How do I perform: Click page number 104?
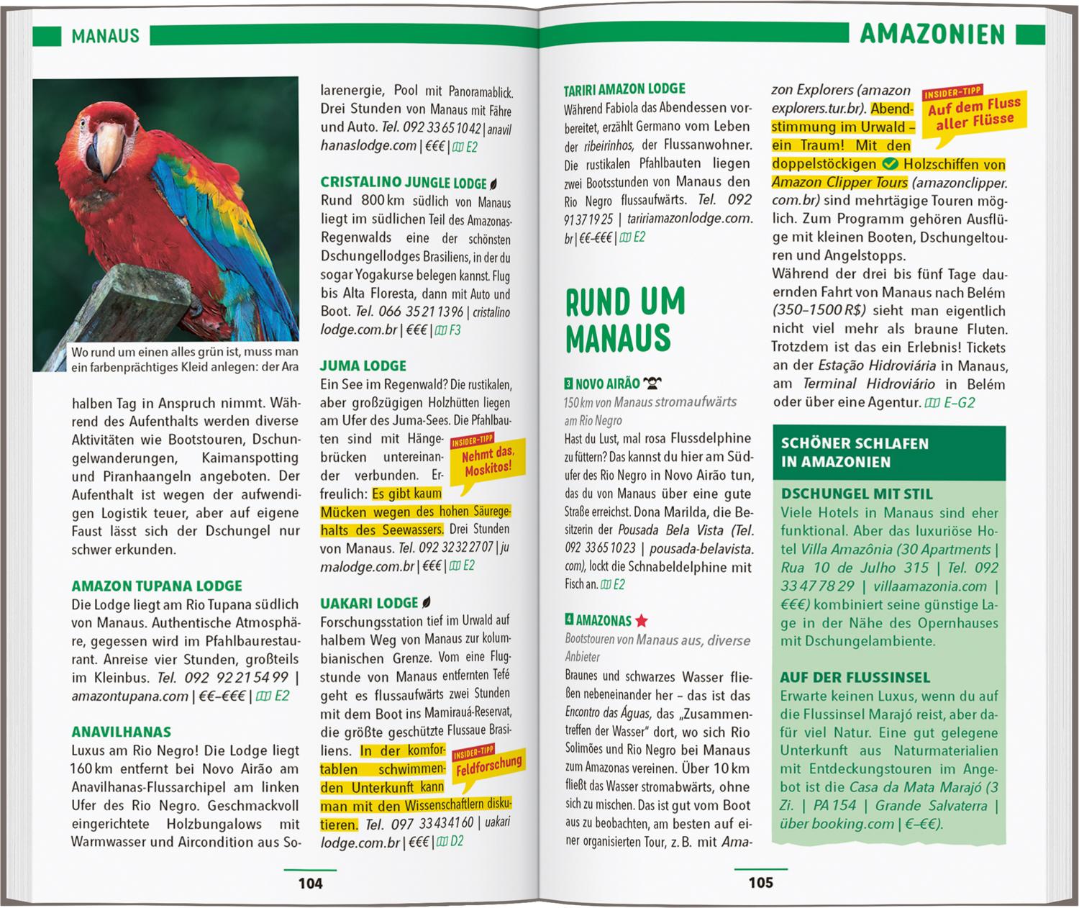[x=310, y=883]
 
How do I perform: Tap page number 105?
[x=760, y=882]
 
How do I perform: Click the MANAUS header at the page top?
[x=105, y=36]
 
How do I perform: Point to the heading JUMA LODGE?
[x=363, y=366]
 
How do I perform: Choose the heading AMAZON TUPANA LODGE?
[x=157, y=586]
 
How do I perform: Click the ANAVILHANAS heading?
[x=121, y=732]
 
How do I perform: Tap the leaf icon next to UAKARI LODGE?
[x=427, y=603]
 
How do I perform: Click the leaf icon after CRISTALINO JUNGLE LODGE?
[x=493, y=183]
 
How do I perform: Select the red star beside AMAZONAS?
[x=641, y=620]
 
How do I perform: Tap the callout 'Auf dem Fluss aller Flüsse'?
[x=974, y=112]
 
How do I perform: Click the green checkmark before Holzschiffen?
[x=889, y=164]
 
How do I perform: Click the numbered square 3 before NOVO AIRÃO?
[x=569, y=383]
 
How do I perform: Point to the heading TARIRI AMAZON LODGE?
[x=624, y=88]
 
